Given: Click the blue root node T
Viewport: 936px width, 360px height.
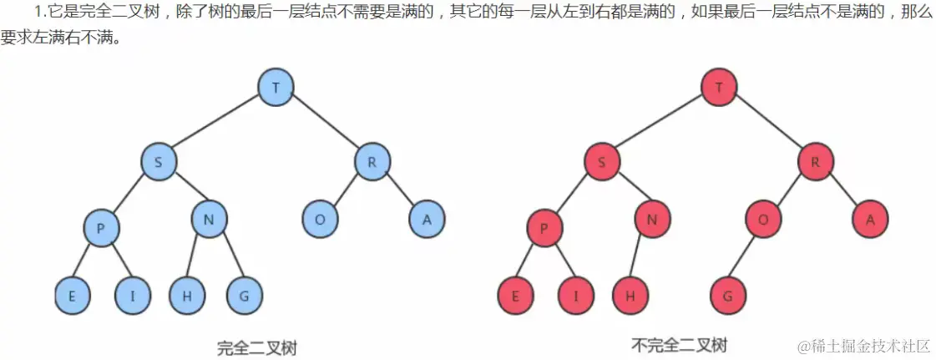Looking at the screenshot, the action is coord(276,87).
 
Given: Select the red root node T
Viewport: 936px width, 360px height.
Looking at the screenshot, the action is coord(720,87).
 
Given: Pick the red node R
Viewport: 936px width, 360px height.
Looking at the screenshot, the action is coord(815,162).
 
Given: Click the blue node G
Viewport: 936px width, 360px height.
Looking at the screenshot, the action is coord(244,296).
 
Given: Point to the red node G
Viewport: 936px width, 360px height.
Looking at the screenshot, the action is coord(728,296).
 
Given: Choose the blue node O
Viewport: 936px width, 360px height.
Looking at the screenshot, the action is coord(320,220).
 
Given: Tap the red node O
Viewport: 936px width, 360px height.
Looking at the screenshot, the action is coord(763,220).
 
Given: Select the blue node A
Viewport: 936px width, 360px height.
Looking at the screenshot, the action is coord(427,220).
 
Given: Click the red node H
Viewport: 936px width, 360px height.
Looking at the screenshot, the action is coord(630,296).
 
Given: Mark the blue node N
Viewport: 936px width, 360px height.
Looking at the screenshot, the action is coord(210,220).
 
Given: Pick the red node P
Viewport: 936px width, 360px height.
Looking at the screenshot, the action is coord(544,228).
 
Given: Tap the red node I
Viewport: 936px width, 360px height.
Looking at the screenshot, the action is coord(576,296).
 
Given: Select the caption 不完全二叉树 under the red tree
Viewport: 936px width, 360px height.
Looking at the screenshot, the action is coord(679,345).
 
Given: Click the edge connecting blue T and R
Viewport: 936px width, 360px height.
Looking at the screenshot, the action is coord(325,124).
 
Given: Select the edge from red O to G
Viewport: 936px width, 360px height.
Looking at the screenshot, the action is coord(746,258).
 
